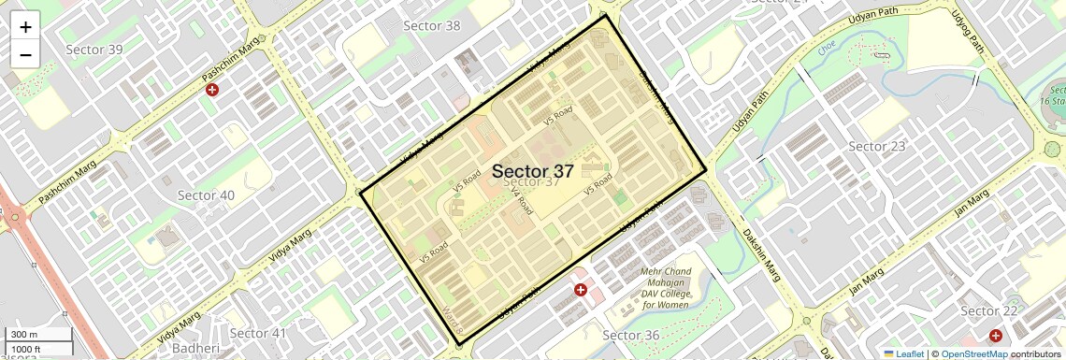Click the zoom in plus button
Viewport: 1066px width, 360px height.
(25, 27)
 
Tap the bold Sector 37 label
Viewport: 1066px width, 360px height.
(532, 171)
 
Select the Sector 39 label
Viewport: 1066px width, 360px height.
(94, 49)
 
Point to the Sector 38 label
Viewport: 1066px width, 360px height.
(431, 25)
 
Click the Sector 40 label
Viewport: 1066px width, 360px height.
(206, 195)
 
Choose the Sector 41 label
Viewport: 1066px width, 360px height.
(258, 334)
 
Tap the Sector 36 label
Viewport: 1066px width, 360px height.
(631, 336)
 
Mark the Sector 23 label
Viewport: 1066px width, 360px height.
(876, 147)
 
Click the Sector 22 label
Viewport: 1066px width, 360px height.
(988, 311)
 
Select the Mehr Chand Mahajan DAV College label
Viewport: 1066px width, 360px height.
(665, 288)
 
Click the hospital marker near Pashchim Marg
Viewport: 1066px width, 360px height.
(212, 90)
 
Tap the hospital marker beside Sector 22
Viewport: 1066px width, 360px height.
(996, 335)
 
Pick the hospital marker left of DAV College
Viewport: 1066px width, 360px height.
(581, 291)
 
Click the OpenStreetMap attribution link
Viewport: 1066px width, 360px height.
(973, 353)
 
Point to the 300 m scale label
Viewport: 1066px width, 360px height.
(24, 335)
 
